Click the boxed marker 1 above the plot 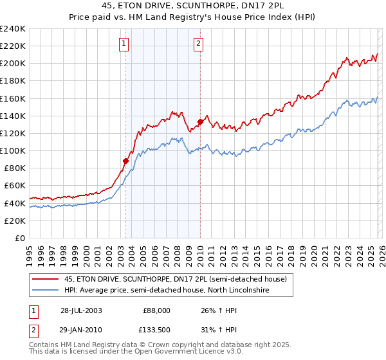(x=124, y=44)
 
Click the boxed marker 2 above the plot (x=198, y=44)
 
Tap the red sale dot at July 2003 (x=125, y=161)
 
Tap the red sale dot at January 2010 (x=200, y=122)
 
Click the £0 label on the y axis (x=19, y=238)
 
